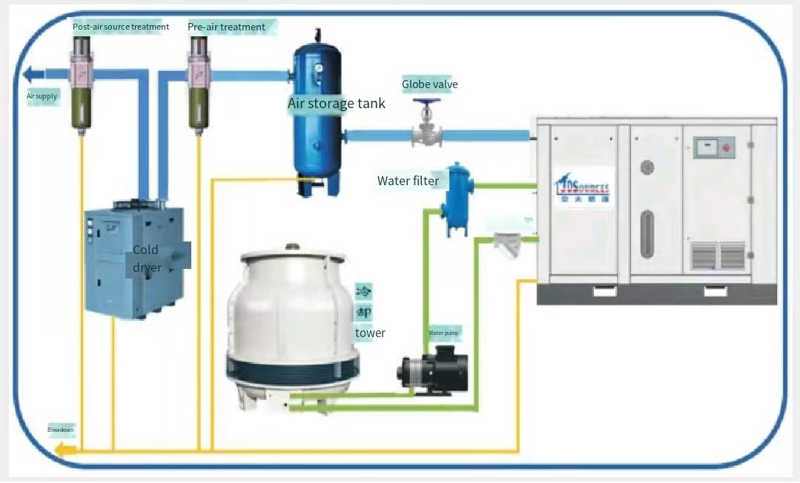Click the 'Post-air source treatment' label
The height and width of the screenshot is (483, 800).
tap(121, 27)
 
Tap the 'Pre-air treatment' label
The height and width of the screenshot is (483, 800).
tap(226, 27)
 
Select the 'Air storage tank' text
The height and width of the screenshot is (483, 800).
tap(337, 104)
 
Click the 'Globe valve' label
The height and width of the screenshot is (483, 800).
tap(430, 84)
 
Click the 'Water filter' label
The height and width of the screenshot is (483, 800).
tap(408, 181)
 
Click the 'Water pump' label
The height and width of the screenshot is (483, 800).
tap(443, 333)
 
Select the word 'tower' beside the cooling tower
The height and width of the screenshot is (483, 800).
tap(370, 333)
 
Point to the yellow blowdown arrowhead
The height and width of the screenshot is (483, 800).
tap(62, 450)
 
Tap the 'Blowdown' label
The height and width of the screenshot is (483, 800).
tap(61, 430)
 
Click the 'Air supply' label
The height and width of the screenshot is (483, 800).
tap(42, 96)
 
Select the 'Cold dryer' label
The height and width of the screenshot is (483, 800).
tap(146, 259)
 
